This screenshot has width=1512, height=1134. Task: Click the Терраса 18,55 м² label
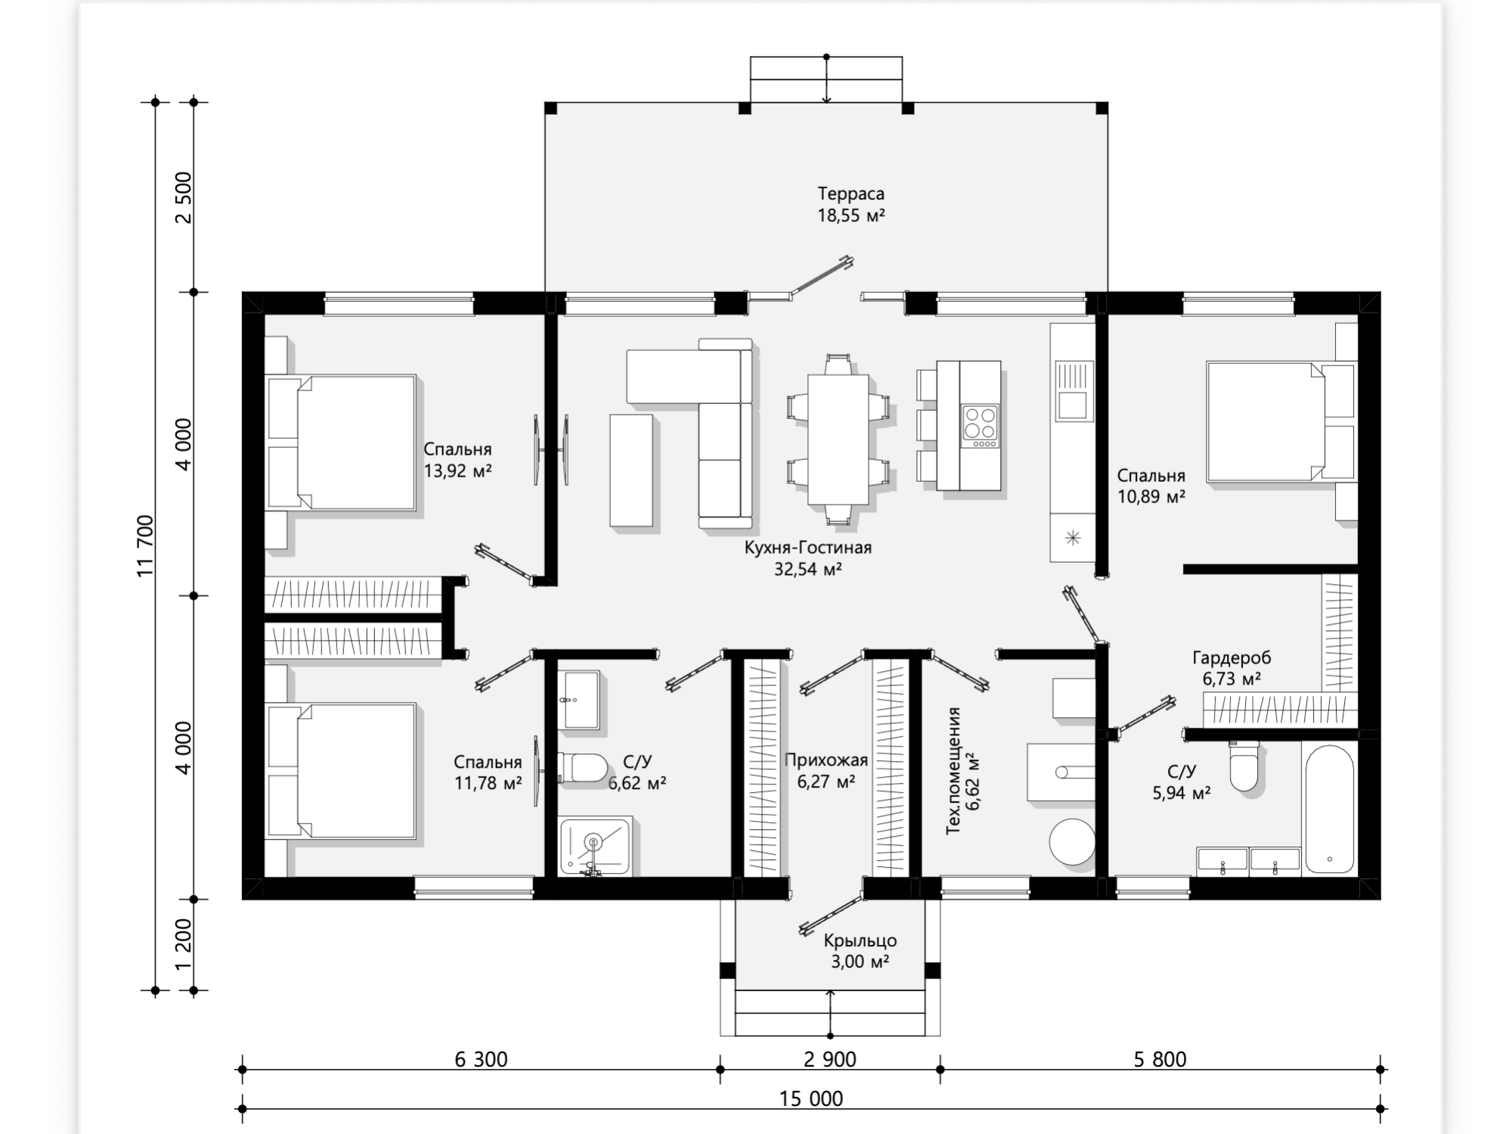point(850,204)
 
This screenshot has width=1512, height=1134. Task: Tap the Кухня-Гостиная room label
point(807,547)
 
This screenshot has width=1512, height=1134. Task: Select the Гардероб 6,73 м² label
point(1232,668)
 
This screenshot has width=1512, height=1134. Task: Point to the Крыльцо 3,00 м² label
point(860,951)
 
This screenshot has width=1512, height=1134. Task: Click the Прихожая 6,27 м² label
point(826,770)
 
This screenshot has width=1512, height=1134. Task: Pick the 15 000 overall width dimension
point(811,1098)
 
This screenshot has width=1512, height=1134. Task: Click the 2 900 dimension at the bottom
point(830,1059)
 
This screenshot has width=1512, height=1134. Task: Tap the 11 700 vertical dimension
point(145,545)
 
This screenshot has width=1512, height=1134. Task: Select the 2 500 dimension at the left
point(184,197)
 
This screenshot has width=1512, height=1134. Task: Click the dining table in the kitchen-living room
point(838,440)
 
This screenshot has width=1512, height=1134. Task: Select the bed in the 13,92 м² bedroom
point(341,442)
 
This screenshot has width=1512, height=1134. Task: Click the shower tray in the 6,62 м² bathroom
point(594,847)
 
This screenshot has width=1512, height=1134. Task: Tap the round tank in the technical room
point(1072,840)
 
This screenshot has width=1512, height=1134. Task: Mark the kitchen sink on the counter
point(1073,391)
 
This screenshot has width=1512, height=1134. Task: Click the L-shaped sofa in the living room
point(689,432)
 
